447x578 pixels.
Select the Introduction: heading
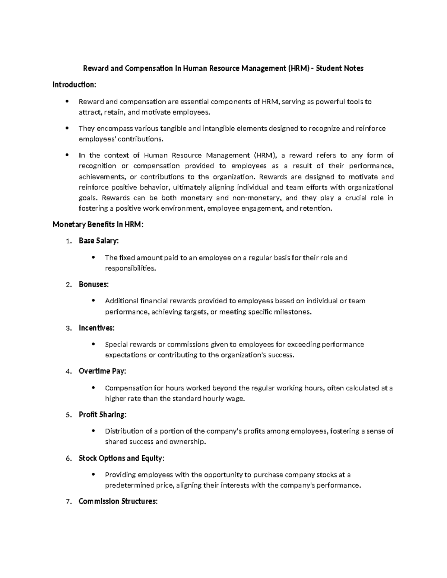74,85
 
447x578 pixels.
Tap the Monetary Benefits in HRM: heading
98,224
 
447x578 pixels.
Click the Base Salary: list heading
99,241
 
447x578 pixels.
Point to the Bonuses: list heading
94,284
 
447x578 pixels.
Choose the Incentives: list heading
97,328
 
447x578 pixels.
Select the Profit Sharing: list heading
103,415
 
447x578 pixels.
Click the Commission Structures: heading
118,501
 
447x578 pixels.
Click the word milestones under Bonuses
292,312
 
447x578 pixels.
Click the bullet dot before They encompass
67,128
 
